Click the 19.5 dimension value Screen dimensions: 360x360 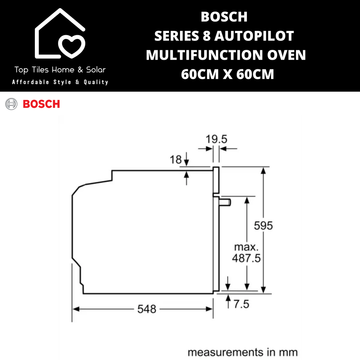(x=216, y=139)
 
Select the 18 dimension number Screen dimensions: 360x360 (x=176, y=160)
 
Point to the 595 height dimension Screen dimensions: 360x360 (x=263, y=225)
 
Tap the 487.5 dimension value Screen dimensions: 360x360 (x=246, y=258)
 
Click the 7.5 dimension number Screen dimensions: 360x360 (x=241, y=304)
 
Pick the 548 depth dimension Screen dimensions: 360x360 (x=147, y=309)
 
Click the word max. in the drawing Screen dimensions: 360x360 (x=246, y=247)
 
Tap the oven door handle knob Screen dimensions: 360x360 (x=225, y=202)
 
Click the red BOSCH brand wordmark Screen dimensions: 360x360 (x=41, y=104)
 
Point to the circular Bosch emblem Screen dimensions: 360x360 (x=11, y=104)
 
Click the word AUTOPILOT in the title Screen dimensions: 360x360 (x=254, y=36)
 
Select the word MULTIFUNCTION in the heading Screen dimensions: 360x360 (x=205, y=55)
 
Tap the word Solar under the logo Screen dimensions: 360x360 (x=96, y=70)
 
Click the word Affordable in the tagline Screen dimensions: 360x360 (x=31, y=82)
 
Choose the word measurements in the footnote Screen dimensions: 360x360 (x=225, y=352)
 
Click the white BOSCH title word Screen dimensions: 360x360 (x=224, y=17)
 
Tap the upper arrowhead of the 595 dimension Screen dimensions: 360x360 (x=263, y=171)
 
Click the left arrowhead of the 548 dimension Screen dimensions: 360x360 (x=76, y=309)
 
